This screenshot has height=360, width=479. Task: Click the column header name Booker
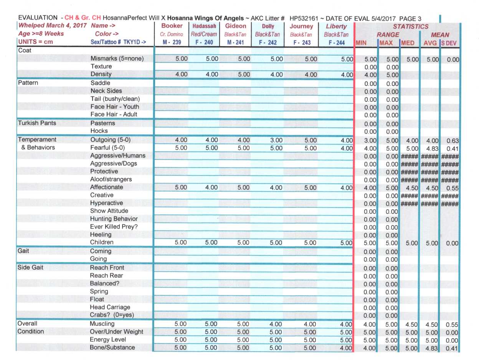tap(172, 26)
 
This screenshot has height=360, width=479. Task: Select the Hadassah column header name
tap(204, 27)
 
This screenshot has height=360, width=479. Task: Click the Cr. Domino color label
tap(172, 34)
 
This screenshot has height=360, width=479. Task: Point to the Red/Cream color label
tap(204, 34)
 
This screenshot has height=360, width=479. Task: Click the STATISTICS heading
tap(410, 27)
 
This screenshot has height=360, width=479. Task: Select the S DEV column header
tap(449, 43)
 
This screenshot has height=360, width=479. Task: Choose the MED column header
tap(407, 43)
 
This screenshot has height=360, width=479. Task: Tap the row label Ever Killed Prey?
tap(114, 227)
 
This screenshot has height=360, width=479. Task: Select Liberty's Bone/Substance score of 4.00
tap(346, 348)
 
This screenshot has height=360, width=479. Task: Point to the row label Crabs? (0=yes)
tap(112, 315)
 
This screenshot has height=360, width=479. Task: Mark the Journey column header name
tap(301, 27)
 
